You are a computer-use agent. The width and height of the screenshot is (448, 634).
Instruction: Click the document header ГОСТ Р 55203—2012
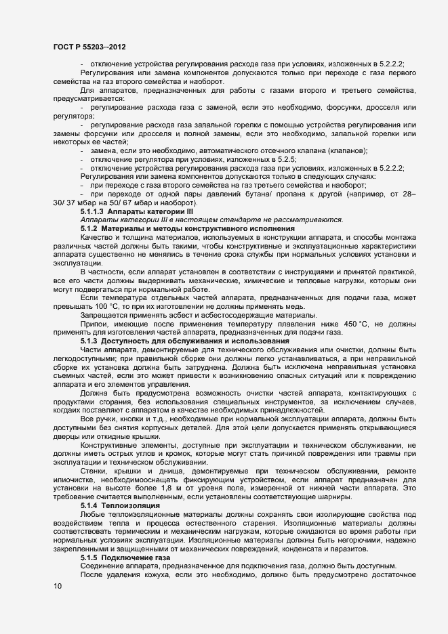pos(88,47)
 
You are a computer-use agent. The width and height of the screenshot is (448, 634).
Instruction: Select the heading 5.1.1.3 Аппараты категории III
pos(127,212)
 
